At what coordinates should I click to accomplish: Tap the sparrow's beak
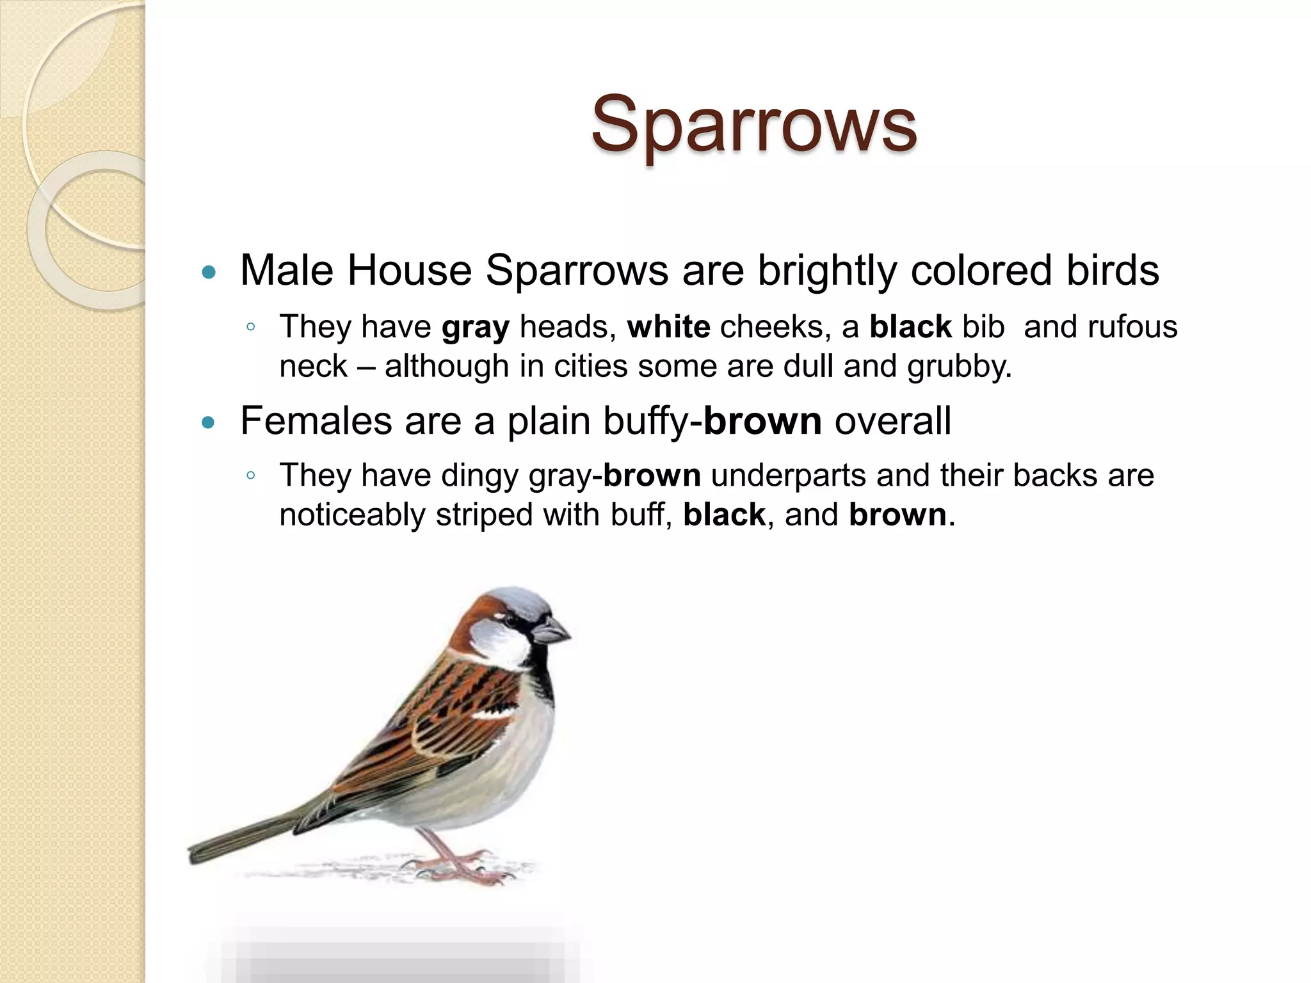(x=552, y=630)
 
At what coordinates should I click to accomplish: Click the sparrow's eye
(x=511, y=620)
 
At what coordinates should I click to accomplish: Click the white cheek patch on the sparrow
(x=498, y=643)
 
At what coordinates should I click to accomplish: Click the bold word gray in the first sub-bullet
(x=475, y=327)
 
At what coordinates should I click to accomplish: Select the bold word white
(x=668, y=327)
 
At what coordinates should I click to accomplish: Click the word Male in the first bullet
(x=286, y=270)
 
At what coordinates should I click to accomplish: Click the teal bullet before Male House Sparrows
(x=208, y=273)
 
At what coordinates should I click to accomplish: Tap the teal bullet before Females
(x=208, y=423)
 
